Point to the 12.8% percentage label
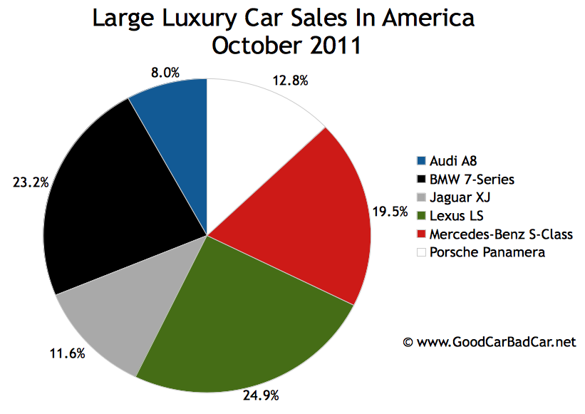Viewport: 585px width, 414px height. click(291, 81)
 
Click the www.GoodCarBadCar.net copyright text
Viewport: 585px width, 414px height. click(489, 342)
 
